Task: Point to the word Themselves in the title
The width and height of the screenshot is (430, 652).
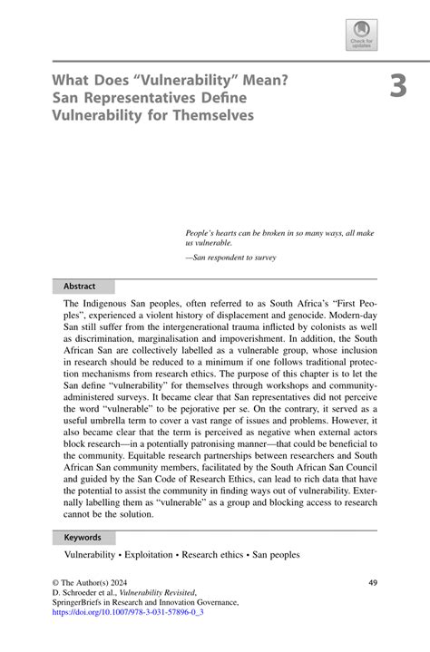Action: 210,115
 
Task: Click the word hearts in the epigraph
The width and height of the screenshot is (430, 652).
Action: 236,233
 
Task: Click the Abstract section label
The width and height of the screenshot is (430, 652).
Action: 79,287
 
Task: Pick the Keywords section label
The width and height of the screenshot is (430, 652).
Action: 83,538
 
